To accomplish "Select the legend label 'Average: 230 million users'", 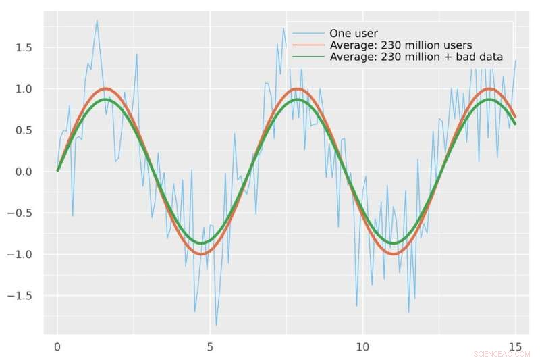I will click(400, 46).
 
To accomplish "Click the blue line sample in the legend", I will click(307, 34).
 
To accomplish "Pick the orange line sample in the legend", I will click(307, 46).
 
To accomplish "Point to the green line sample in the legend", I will click(307, 57).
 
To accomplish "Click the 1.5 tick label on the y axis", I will click(24, 47).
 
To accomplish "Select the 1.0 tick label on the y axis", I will click(24, 89).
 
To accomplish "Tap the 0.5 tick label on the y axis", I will click(24, 130).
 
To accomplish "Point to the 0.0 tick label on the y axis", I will click(24, 172).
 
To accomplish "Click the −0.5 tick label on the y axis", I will click(21, 213).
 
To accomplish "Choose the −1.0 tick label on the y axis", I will click(21, 255).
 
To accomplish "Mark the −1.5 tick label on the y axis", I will click(21, 296).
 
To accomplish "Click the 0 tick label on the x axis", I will click(57, 347).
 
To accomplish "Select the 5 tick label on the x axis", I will click(210, 347).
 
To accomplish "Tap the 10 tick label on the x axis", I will click(363, 347).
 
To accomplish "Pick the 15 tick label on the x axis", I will click(516, 347).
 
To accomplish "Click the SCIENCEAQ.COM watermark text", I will click(502, 354).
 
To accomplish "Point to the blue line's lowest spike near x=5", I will click(216, 326).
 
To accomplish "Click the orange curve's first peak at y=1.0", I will click(105, 88).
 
